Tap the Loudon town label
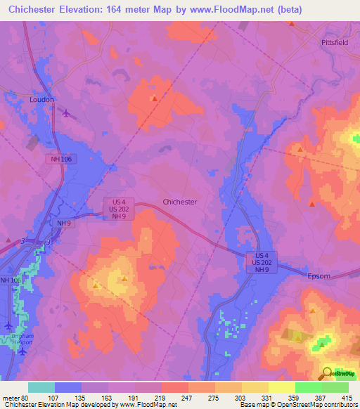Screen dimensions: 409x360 click(x=41, y=100)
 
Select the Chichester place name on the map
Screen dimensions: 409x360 click(x=179, y=202)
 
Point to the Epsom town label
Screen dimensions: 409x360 click(x=319, y=276)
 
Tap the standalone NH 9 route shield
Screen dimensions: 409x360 click(x=65, y=223)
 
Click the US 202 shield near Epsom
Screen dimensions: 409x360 click(x=262, y=262)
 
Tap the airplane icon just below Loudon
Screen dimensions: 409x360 click(x=66, y=113)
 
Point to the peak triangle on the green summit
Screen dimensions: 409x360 click(x=322, y=344)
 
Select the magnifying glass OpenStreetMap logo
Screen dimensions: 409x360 click(x=328, y=372)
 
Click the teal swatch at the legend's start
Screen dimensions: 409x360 click(x=41, y=387)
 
